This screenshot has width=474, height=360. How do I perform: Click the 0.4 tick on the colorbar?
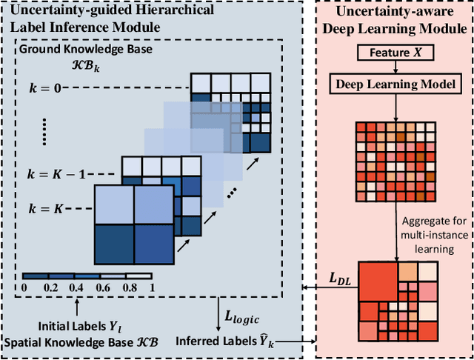pos(75,287)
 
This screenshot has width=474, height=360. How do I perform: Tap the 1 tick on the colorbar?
pos(151,287)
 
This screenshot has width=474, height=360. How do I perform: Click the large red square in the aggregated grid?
pos(378,285)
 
